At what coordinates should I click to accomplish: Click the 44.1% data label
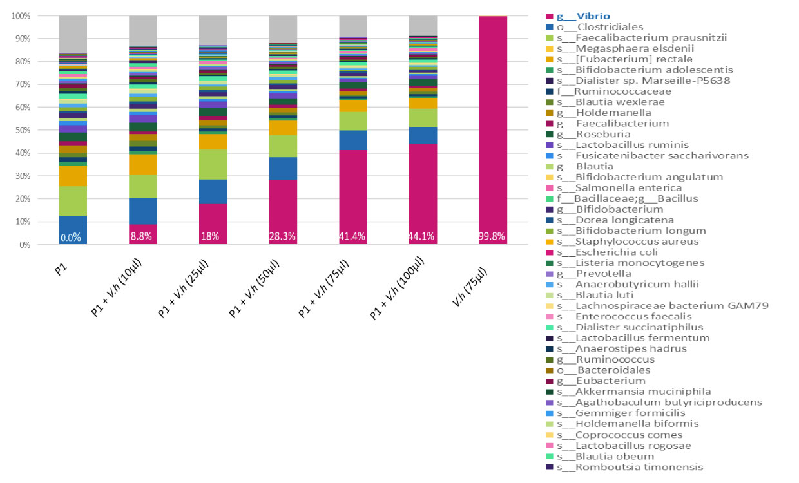point(423,237)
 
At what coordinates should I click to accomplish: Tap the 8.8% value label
point(142,237)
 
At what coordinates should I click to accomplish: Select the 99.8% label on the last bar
point(493,237)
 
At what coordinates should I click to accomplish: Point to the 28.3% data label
point(283,237)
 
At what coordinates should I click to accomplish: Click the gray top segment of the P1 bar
point(73,34)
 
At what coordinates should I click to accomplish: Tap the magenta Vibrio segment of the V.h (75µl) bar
point(493,129)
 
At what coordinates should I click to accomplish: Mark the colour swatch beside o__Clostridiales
point(550,27)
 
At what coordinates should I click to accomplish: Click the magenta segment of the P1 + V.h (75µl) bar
point(353,193)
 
